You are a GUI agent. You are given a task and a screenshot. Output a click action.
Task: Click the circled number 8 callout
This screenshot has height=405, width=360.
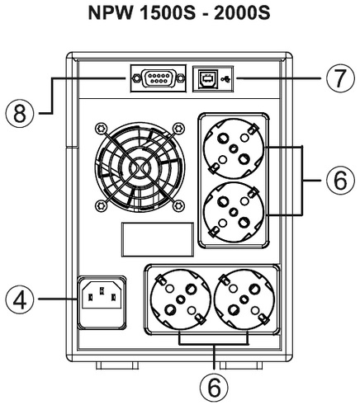(19, 113)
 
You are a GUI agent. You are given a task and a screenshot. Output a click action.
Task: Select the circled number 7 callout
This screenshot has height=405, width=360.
(340, 78)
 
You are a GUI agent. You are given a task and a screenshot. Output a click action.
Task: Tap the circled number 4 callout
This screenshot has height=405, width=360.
(19, 299)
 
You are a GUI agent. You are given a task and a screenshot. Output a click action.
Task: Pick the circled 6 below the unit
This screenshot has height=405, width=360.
(214, 389)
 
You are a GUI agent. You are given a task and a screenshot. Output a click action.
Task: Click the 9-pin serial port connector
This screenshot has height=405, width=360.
(158, 78)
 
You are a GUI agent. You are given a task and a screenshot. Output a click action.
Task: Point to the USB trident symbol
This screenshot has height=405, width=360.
(226, 79)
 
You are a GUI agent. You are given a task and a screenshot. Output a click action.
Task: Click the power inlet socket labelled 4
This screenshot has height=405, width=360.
(102, 303)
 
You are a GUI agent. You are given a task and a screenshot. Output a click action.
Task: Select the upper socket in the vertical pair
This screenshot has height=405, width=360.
(234, 148)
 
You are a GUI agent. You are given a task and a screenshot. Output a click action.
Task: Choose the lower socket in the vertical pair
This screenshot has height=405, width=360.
(234, 212)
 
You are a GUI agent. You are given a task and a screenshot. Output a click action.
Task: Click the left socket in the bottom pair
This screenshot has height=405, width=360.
(181, 299)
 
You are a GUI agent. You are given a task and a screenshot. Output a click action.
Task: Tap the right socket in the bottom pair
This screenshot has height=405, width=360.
(244, 299)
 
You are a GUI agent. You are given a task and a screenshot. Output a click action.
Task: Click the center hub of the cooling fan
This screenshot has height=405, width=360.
(140, 167)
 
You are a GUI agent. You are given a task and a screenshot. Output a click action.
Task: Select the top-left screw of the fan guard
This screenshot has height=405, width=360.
(101, 129)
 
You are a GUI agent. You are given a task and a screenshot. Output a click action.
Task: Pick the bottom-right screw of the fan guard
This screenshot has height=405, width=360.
(179, 205)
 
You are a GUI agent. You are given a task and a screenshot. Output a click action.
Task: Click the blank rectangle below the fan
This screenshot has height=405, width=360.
(158, 240)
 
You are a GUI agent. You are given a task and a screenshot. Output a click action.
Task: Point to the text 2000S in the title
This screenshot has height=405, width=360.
(242, 13)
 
